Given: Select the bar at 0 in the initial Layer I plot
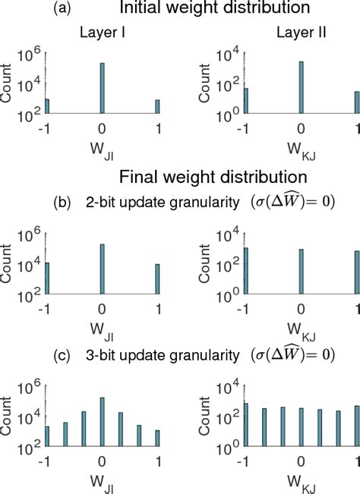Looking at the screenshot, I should click(102, 88).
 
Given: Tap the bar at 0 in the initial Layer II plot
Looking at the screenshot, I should click(302, 87).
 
